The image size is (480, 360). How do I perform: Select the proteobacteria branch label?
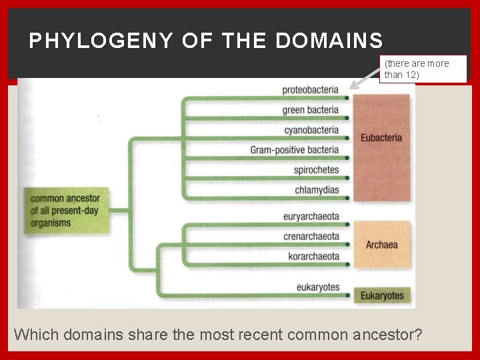310,90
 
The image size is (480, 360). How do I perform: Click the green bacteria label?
310,110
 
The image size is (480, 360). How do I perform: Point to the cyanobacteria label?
311,130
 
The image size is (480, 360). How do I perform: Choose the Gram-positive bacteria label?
295,150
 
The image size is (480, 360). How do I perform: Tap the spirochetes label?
316,170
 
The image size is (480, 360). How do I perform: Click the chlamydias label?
317,190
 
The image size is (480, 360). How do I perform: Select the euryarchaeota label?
311,217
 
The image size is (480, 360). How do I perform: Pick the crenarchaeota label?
311,237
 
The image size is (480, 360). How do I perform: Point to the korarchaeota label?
313,257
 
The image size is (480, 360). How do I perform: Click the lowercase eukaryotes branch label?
318,288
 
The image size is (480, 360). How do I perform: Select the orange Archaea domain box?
381,245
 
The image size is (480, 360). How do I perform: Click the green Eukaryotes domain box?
382,295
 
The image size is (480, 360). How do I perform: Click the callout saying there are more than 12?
423,69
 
